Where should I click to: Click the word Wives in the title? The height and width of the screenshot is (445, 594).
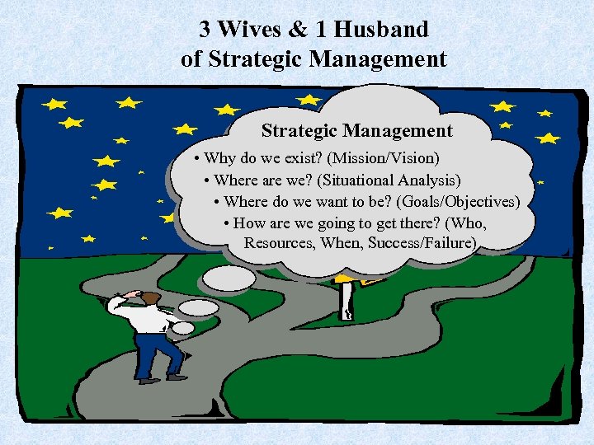click(252, 30)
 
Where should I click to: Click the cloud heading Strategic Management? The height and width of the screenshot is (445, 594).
click(356, 130)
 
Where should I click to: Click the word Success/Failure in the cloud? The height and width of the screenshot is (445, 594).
click(422, 243)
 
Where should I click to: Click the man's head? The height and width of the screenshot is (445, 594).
click(149, 297)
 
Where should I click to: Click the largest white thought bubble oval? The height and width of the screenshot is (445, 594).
click(229, 278)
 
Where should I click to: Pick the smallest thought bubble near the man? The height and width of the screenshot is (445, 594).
click(182, 328)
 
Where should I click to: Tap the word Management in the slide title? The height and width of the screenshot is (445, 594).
click(386, 59)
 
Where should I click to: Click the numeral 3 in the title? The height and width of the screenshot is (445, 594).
click(205, 30)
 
